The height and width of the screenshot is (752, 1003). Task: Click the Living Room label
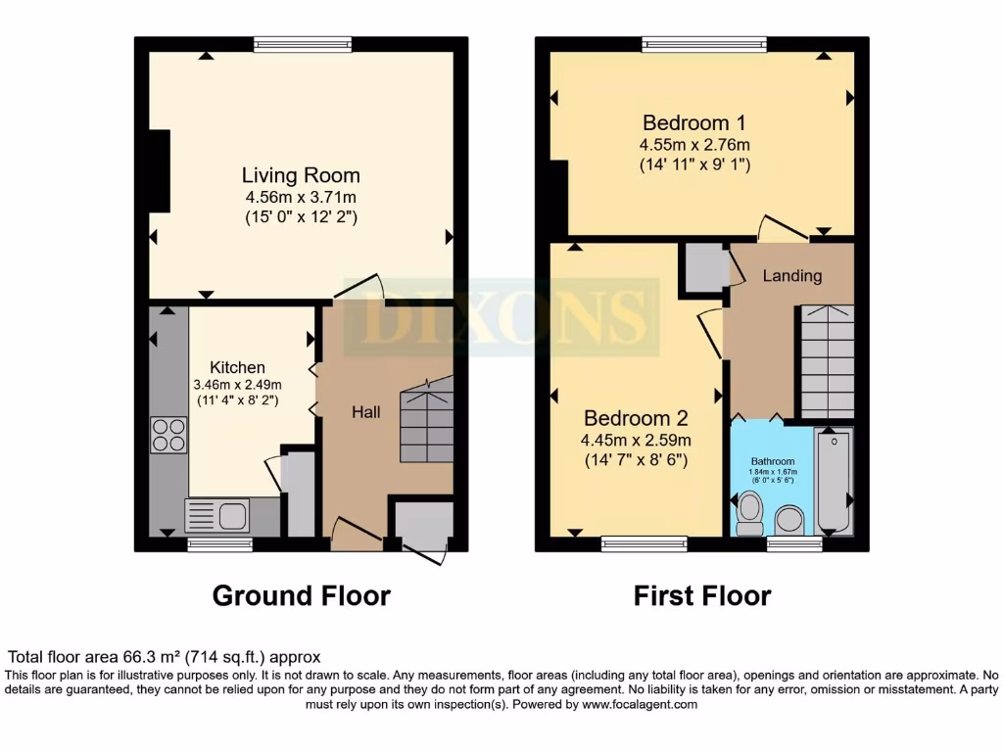(301, 175)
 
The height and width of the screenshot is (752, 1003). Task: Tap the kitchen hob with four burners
(168, 435)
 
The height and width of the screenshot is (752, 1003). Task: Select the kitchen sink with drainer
(217, 515)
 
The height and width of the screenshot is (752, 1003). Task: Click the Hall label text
(366, 412)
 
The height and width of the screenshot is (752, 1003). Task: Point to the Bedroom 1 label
(693, 122)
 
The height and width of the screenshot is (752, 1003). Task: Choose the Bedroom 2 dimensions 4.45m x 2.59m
(638, 440)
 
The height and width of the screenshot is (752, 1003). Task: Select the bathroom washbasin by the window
(789, 521)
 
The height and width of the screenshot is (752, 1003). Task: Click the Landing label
(792, 275)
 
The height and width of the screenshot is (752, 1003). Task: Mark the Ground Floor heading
(301, 595)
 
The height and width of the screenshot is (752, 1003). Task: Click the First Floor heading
(702, 595)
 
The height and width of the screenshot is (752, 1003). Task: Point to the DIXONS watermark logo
(495, 316)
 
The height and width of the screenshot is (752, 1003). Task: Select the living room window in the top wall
(303, 43)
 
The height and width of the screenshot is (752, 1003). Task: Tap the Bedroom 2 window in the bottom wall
(630, 543)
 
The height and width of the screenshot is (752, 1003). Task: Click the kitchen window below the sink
(214, 543)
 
